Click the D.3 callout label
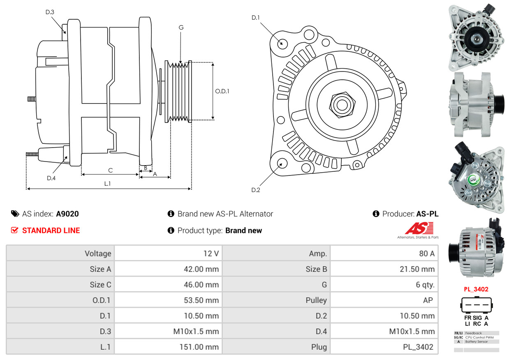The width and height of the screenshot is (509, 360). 50,12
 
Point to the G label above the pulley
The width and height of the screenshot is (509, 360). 181,28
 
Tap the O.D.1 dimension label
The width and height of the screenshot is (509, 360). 222,91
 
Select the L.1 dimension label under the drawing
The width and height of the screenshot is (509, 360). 107,184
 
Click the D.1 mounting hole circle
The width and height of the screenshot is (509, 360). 282,43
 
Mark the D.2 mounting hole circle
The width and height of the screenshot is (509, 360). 282,163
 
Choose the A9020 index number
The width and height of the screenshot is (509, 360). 67,214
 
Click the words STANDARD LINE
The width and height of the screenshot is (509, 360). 51,231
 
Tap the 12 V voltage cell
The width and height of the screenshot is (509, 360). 211,253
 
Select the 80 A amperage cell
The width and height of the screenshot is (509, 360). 426,253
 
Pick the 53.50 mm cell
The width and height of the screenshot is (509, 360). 201,300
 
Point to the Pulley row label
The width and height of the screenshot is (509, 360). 316,300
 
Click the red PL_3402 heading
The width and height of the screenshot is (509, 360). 476,289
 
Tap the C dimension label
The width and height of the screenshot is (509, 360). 110,170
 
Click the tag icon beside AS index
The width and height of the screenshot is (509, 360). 15,214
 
